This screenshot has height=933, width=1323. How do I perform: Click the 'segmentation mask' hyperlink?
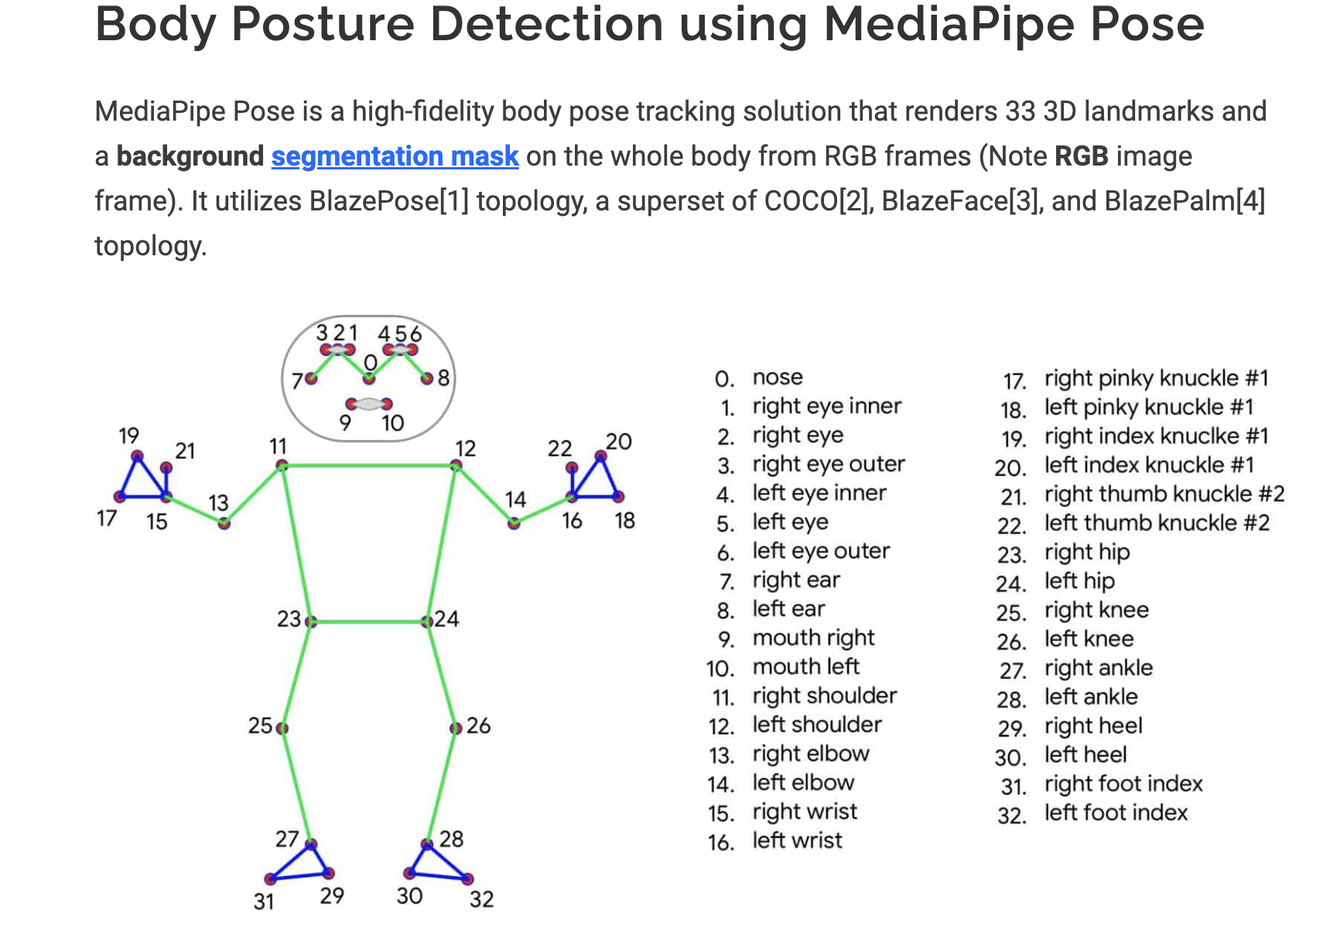click(x=395, y=156)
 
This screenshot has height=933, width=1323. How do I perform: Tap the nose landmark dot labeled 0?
click(x=369, y=378)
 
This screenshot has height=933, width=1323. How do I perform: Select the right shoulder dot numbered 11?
click(x=282, y=466)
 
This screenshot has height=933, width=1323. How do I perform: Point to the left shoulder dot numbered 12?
click(x=456, y=466)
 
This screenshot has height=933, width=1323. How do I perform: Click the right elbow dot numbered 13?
click(x=224, y=524)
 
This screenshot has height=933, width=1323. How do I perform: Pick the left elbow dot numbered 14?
click(x=514, y=524)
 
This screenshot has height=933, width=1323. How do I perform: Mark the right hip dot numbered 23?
click(x=310, y=621)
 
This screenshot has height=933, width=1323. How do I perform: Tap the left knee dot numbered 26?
click(x=456, y=728)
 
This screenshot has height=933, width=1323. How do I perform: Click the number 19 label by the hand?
click(x=129, y=436)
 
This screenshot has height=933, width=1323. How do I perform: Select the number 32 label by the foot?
click(x=481, y=899)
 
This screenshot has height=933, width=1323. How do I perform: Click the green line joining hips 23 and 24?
click(x=368, y=621)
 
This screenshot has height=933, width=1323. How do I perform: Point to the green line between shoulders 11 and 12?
click(x=368, y=466)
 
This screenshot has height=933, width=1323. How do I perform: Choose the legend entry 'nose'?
click(x=778, y=378)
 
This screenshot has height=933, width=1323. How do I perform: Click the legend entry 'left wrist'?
click(x=797, y=841)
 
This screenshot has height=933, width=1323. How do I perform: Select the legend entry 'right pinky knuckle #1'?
click(x=1156, y=378)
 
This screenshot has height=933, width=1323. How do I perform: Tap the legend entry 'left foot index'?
click(x=1115, y=813)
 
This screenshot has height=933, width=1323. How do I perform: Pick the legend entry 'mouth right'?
click(x=813, y=638)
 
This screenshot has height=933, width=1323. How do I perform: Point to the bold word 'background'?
click(x=190, y=156)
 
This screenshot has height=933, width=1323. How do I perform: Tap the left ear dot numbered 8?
click(x=427, y=378)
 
